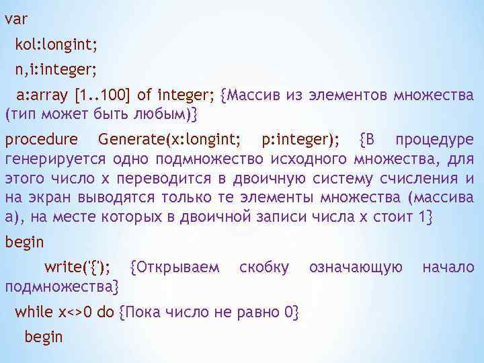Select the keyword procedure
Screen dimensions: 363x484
41,140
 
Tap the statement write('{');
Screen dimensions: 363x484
79,268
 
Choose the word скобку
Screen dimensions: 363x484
264,268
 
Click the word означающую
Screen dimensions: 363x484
356,268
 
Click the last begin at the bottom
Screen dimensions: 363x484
43,336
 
